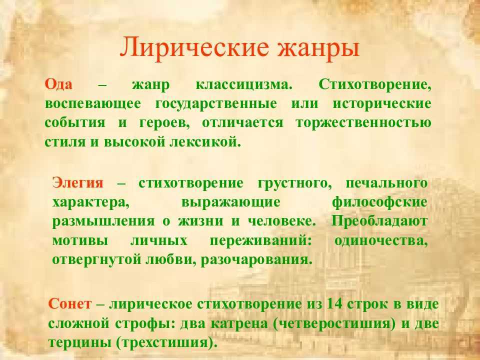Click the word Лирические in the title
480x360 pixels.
(x=194, y=47)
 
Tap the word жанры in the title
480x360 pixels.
(x=318, y=48)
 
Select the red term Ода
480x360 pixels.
(x=59, y=84)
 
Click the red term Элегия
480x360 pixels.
(x=78, y=183)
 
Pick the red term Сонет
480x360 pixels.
(x=70, y=304)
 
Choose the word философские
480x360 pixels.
(x=379, y=202)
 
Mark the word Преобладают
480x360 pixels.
(x=379, y=221)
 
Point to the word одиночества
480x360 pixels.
(x=381, y=241)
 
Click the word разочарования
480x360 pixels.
(x=256, y=260)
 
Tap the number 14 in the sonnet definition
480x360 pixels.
(x=334, y=304)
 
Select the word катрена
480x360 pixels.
(x=239, y=323)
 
